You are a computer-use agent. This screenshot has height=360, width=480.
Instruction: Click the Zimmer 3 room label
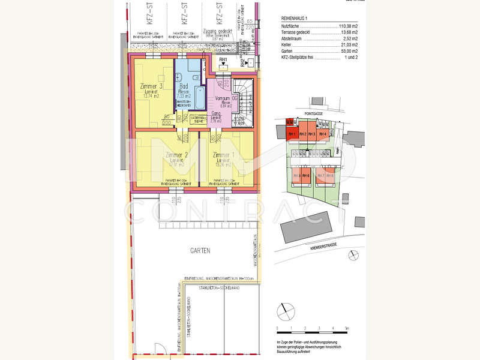pyautogui.click(x=152, y=86)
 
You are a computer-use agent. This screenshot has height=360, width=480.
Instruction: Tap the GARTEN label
pyautogui.click(x=184, y=251)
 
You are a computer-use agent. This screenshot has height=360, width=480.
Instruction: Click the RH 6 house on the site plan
pyautogui.click(x=305, y=176)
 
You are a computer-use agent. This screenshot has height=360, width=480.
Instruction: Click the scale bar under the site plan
pyautogui.click(x=312, y=331)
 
